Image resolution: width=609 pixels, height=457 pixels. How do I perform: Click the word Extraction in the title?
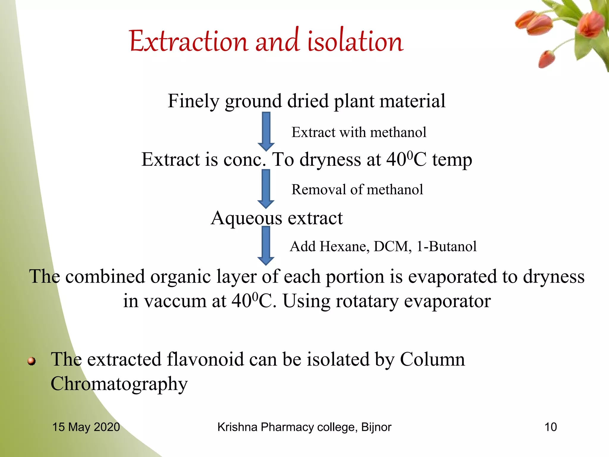pyautogui.click(x=188, y=42)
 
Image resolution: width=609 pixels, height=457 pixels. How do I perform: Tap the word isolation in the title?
pyautogui.click(x=355, y=42)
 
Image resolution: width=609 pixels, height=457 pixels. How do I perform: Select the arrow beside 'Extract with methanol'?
pyautogui.click(x=266, y=131)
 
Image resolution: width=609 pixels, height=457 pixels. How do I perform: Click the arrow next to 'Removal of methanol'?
pyautogui.click(x=266, y=188)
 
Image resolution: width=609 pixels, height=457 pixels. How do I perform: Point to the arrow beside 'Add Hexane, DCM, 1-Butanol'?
pyautogui.click(x=266, y=245)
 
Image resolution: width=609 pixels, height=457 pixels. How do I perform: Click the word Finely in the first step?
pyautogui.click(x=193, y=101)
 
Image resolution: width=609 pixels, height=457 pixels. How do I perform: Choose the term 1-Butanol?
pyautogui.click(x=446, y=246)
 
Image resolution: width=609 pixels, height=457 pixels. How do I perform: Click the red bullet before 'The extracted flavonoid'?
pyautogui.click(x=32, y=361)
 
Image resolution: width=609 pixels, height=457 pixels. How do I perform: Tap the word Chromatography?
pyautogui.click(x=119, y=384)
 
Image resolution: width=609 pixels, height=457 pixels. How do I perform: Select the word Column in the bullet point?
pyautogui.click(x=432, y=359)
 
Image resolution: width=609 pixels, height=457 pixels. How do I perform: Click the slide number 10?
pyautogui.click(x=550, y=427)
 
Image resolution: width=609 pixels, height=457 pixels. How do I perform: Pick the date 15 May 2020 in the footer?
pyautogui.click(x=86, y=427)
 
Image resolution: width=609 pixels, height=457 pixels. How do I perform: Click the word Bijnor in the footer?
pyautogui.click(x=376, y=427)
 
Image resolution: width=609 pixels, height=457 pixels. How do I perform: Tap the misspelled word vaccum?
pyautogui.click(x=175, y=301)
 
